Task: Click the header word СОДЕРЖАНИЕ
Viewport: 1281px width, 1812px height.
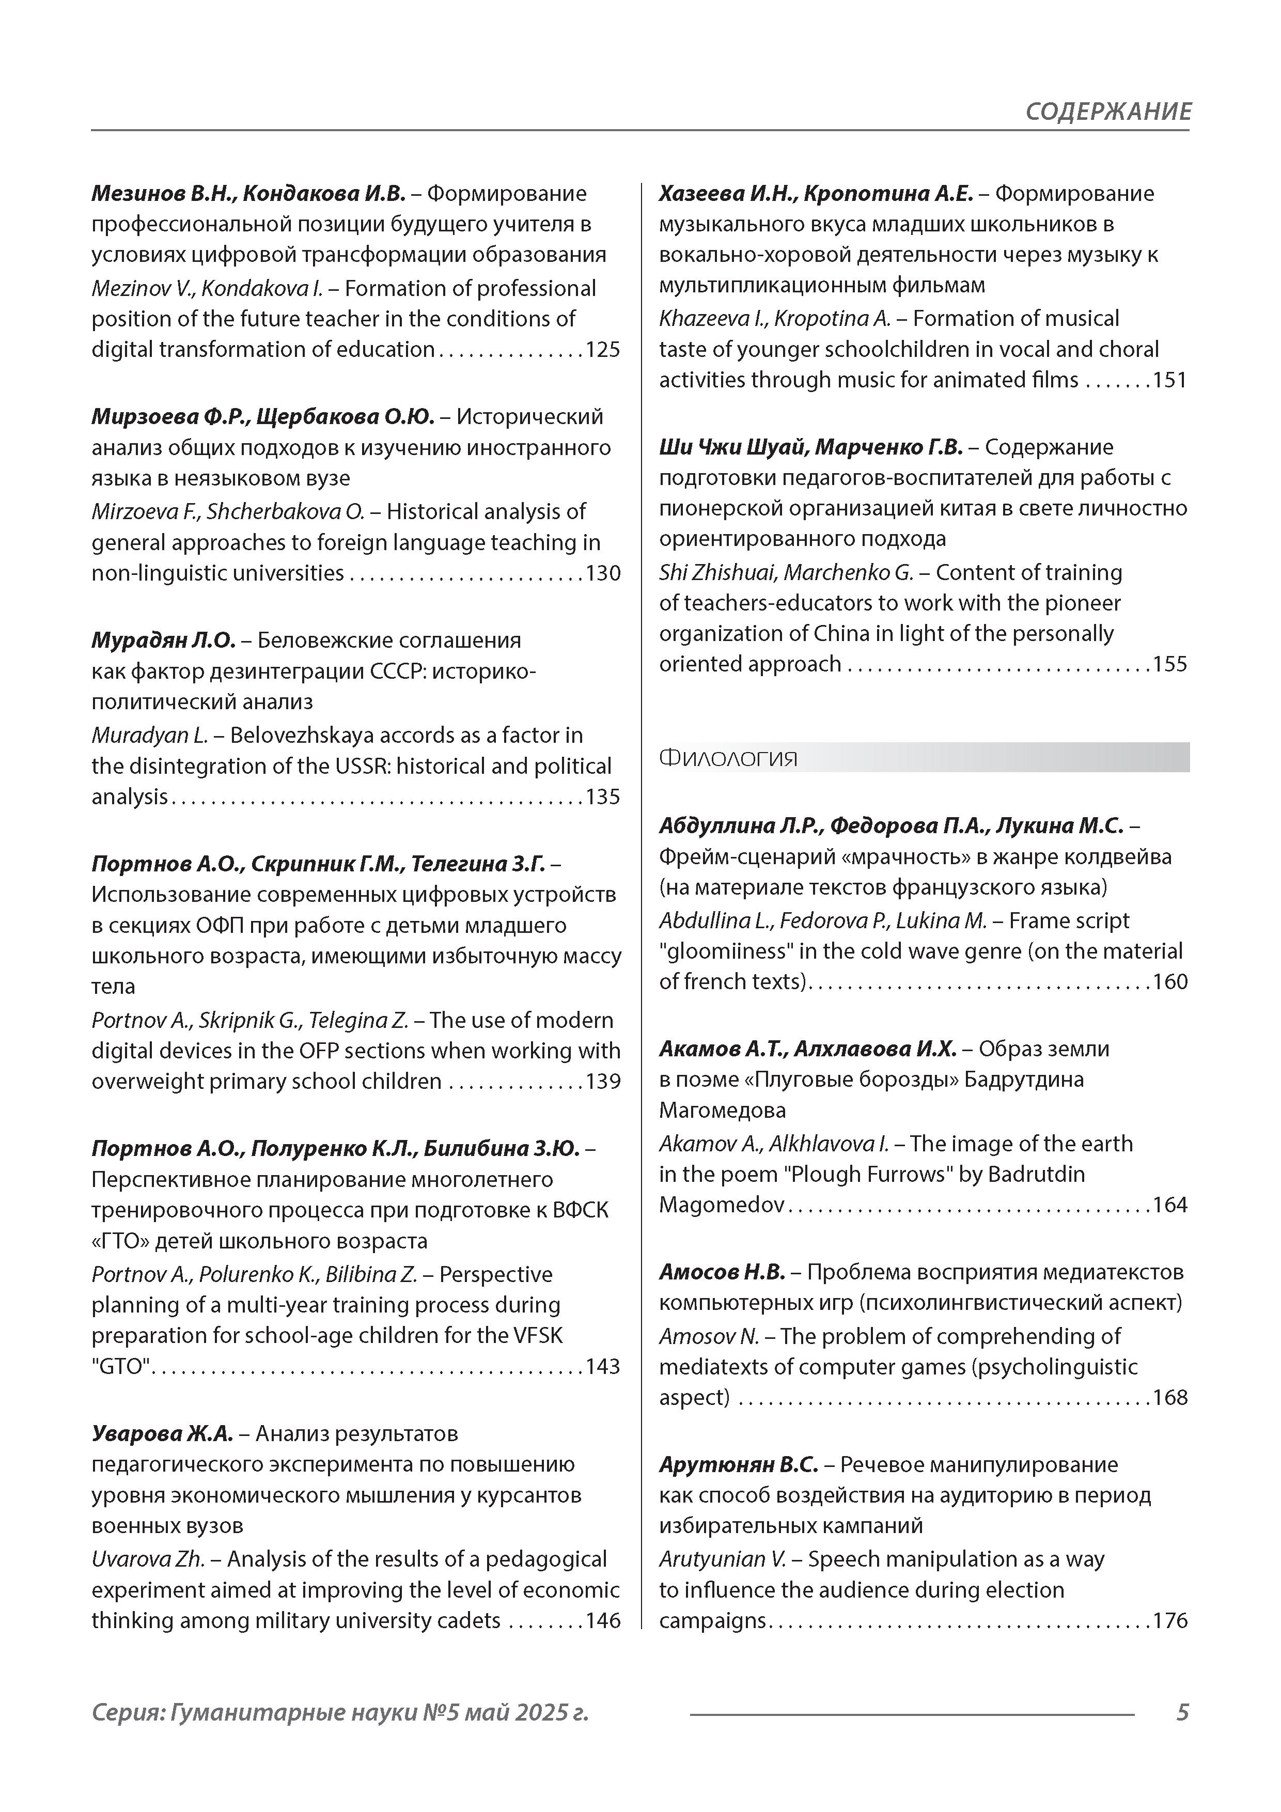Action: (1107, 111)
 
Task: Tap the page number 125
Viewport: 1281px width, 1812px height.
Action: (602, 350)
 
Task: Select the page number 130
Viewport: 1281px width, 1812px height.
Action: (602, 573)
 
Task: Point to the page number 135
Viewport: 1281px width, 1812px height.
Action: (602, 796)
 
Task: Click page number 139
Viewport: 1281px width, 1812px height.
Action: (602, 1081)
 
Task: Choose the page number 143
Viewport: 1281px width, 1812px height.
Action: (602, 1366)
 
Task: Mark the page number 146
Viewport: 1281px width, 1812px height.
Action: (602, 1621)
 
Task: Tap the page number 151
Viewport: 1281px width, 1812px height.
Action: (1170, 380)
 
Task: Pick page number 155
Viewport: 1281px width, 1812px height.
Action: (1170, 664)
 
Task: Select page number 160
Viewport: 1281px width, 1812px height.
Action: (1170, 982)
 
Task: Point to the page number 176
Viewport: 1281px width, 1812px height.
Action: (1170, 1621)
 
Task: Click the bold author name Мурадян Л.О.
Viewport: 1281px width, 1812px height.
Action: (163, 640)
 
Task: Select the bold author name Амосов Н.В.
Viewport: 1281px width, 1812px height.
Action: (722, 1272)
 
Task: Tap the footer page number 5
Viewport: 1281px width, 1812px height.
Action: (1181, 1712)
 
